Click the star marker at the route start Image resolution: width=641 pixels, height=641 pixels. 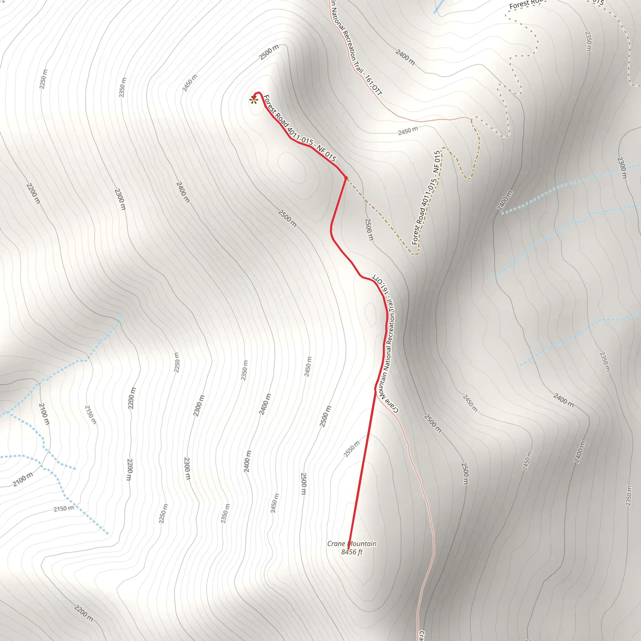coord(254,100)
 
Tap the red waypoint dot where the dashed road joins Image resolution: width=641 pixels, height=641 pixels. coord(346,178)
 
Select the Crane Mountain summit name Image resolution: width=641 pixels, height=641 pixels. coord(352,543)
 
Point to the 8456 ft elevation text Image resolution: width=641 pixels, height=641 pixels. coord(352,552)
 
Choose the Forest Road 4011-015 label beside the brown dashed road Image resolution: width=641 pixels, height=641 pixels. coord(426,198)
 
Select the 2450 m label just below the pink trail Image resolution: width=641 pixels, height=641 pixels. coord(408,131)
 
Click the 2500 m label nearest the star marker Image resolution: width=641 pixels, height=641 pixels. coord(269,52)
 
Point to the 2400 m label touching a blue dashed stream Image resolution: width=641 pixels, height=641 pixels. coord(505,200)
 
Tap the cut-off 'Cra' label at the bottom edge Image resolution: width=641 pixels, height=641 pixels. coord(421,635)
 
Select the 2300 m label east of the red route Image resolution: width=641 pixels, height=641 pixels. coord(622,167)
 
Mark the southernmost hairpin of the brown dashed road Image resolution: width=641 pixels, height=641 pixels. coord(415,254)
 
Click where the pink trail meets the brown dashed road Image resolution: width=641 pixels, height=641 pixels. coord(471,118)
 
